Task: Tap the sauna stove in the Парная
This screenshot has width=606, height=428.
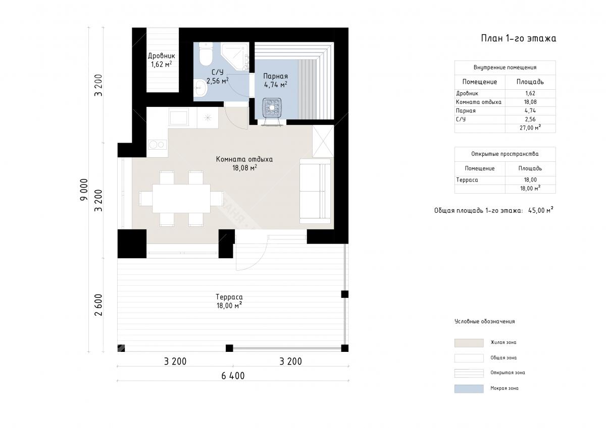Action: [x=272, y=109]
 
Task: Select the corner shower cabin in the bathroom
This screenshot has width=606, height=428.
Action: [x=235, y=56]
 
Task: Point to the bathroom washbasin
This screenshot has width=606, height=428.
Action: [x=200, y=88]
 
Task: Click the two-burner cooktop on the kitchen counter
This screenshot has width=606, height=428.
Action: [x=157, y=145]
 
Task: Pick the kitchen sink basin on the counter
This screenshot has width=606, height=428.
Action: [x=179, y=117]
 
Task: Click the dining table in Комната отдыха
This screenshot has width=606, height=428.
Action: [x=181, y=199]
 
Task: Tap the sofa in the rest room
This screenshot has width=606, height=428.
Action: [x=315, y=191]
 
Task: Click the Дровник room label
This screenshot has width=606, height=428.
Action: [x=161, y=56]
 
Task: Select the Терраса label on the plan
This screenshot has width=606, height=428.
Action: [x=229, y=297]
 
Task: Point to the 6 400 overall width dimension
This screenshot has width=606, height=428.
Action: [x=233, y=376]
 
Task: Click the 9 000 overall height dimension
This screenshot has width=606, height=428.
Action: [x=84, y=190]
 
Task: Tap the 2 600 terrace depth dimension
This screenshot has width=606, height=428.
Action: [x=99, y=305]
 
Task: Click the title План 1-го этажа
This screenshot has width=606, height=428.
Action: [x=518, y=38]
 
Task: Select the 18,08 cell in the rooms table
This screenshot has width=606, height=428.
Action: [x=530, y=102]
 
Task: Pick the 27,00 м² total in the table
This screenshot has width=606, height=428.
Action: [x=530, y=128]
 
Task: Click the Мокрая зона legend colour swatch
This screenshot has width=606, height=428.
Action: [x=469, y=389]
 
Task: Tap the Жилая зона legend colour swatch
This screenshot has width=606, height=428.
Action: [x=469, y=343]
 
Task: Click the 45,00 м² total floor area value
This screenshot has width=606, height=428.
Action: [x=540, y=210]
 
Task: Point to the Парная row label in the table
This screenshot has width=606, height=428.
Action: [x=466, y=111]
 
